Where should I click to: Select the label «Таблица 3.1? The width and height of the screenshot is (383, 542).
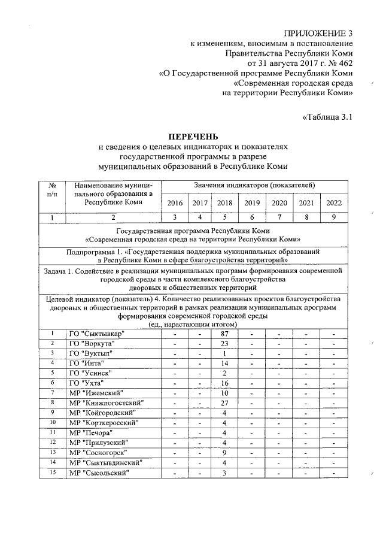click(x=326, y=117)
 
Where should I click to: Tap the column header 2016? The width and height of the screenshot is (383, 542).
click(x=174, y=203)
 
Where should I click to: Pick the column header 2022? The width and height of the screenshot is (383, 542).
click(x=334, y=203)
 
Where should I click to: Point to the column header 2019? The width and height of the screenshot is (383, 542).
click(x=252, y=203)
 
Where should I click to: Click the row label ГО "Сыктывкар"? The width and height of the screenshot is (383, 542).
click(x=96, y=334)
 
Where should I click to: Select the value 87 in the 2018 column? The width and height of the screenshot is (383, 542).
click(x=225, y=334)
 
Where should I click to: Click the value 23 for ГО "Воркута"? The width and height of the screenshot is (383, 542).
click(x=225, y=343)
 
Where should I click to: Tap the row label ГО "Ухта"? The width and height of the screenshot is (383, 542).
click(x=86, y=383)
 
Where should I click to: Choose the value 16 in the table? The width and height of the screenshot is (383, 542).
click(x=225, y=383)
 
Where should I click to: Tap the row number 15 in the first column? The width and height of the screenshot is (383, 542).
click(x=53, y=472)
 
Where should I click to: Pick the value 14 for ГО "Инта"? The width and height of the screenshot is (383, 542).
click(x=225, y=363)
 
